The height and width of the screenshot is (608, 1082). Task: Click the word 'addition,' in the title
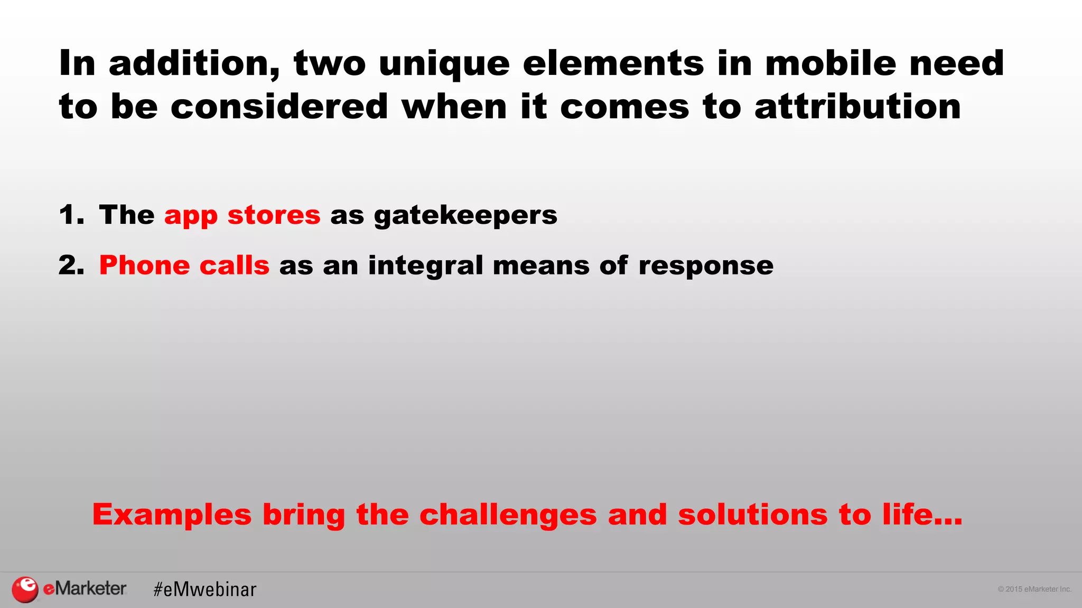(194, 64)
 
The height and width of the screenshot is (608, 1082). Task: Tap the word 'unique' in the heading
(444, 64)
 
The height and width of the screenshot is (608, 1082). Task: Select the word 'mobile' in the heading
(831, 64)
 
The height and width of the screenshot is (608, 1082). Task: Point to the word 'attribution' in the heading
(857, 107)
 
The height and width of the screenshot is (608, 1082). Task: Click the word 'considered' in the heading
(279, 107)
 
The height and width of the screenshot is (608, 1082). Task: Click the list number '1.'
(71, 215)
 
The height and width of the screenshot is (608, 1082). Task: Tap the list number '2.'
(71, 265)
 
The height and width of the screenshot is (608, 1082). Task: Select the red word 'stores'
(274, 215)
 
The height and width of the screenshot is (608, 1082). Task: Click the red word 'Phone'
(144, 265)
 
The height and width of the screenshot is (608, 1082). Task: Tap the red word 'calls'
(235, 265)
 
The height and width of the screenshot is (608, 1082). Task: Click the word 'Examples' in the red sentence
(172, 515)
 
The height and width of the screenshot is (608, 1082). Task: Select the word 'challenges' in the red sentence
(508, 515)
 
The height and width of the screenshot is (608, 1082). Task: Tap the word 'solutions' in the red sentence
(752, 515)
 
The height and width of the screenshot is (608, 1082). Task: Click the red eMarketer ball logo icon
(25, 590)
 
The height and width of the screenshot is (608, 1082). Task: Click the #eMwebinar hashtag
(205, 590)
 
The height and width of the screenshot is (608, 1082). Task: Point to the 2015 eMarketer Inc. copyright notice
(1034, 590)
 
